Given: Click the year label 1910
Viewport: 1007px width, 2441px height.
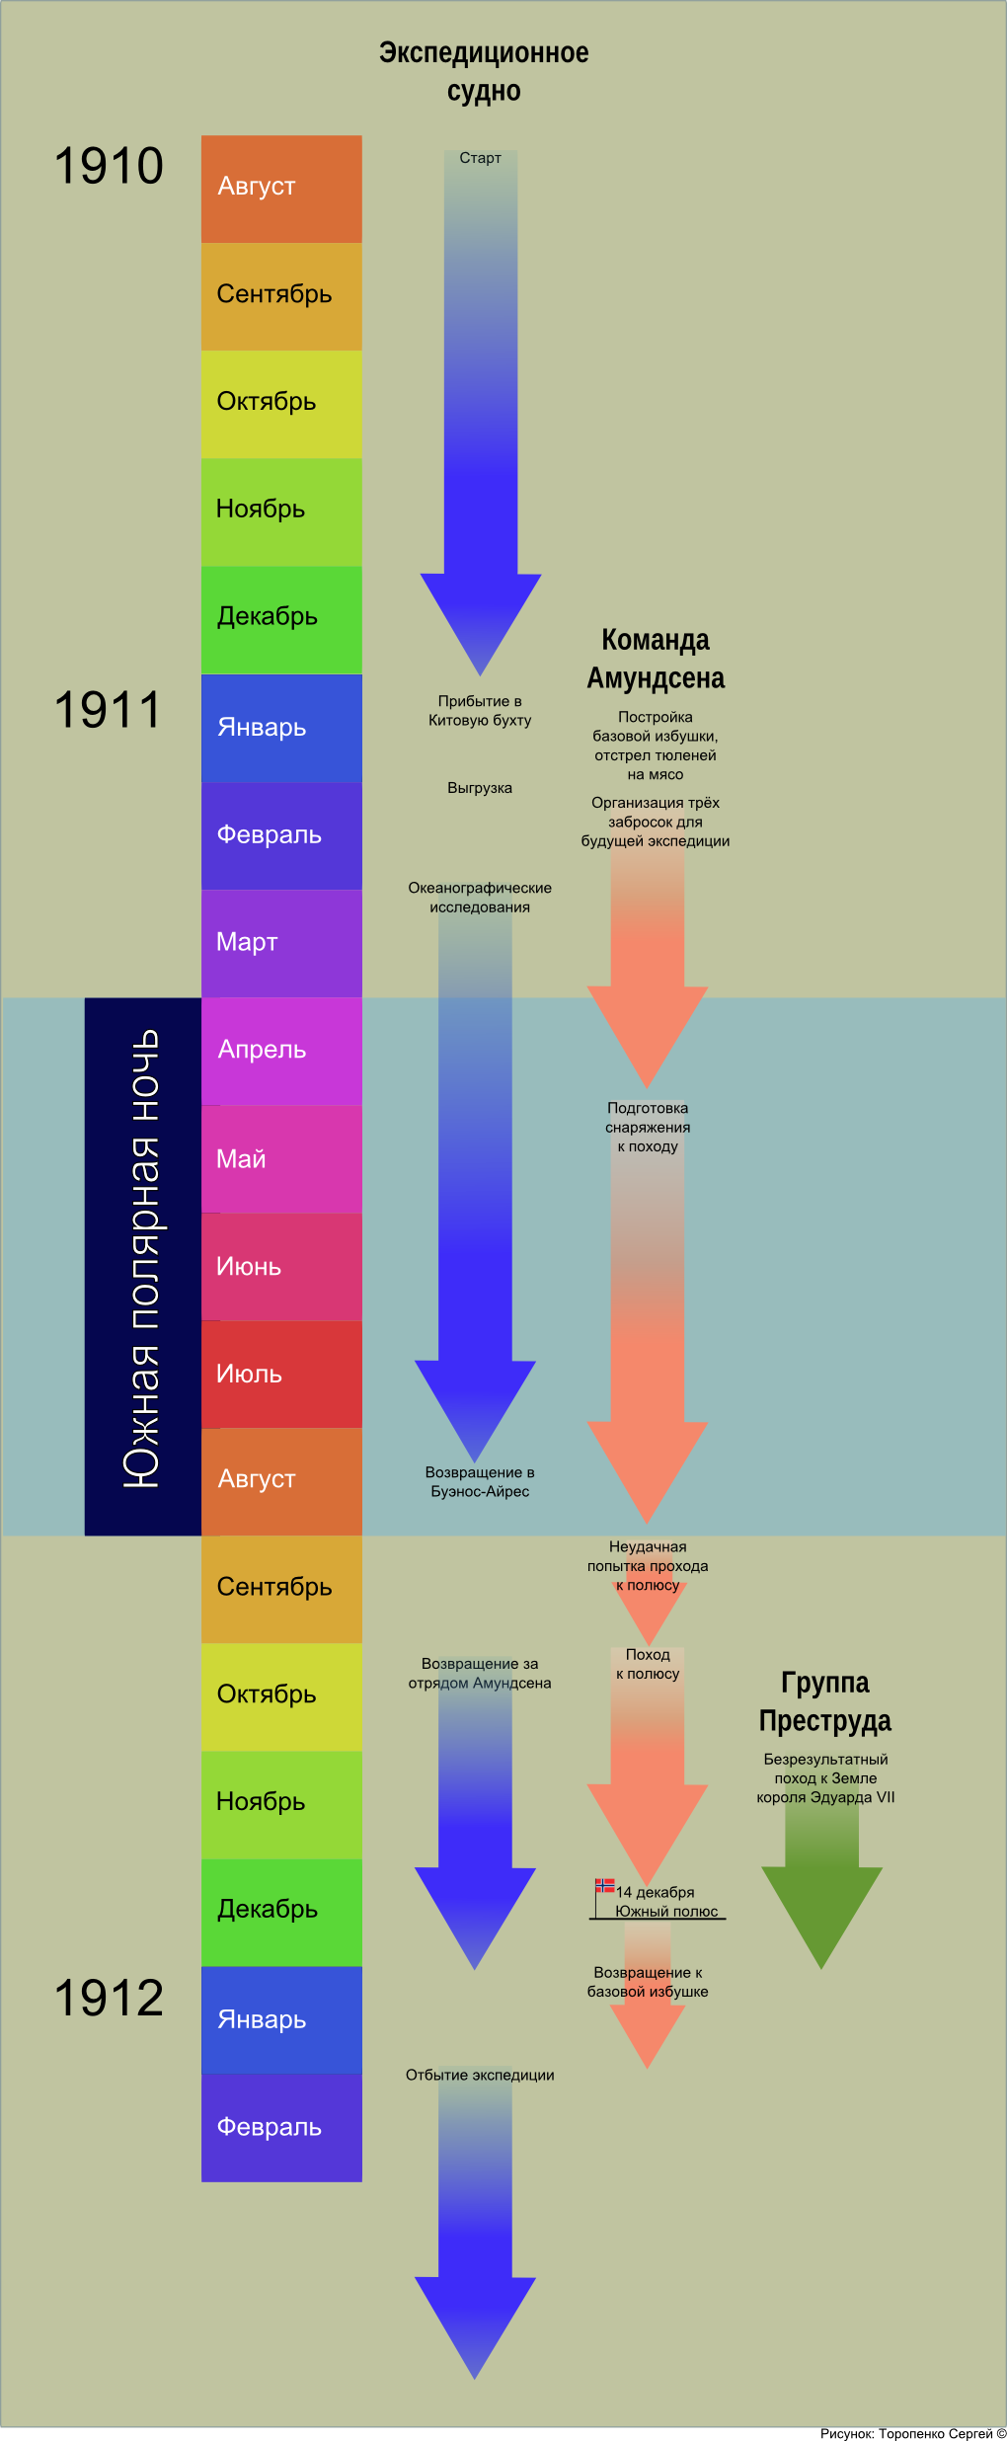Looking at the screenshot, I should [x=109, y=166].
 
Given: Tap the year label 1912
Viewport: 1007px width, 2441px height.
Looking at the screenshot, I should [x=109, y=1998].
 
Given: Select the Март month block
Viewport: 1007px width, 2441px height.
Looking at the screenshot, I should [x=281, y=943].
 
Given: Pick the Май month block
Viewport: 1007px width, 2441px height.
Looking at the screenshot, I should [x=281, y=1158].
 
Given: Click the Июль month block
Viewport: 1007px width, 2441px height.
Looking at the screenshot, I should [x=281, y=1374].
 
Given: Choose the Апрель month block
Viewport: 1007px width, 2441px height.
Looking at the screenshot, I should [x=281, y=1051].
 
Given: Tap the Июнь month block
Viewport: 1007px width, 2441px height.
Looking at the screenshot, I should [x=281, y=1266].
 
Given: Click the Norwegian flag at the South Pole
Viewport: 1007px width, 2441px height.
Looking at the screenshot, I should [x=604, y=1885].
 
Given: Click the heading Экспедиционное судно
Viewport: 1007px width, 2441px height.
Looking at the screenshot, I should [x=484, y=71].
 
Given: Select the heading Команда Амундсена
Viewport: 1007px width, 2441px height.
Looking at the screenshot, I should [x=656, y=659].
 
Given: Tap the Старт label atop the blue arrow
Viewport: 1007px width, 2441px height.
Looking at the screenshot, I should [x=480, y=158].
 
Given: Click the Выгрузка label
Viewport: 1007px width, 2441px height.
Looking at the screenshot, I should [x=480, y=788].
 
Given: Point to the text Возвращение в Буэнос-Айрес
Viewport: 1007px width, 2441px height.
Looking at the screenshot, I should [x=480, y=1481].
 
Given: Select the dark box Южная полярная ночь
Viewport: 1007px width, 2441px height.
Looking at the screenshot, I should [x=142, y=1266].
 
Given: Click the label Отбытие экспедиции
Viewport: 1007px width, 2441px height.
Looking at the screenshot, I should [x=480, y=2075].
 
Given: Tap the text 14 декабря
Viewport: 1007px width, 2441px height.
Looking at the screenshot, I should [x=656, y=1892].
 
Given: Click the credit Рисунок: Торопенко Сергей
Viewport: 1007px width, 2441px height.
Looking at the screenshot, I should [x=912, y=2433].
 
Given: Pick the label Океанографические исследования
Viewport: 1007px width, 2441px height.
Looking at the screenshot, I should [x=480, y=898].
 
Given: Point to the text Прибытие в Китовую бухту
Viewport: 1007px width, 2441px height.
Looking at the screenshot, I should [x=480, y=710].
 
